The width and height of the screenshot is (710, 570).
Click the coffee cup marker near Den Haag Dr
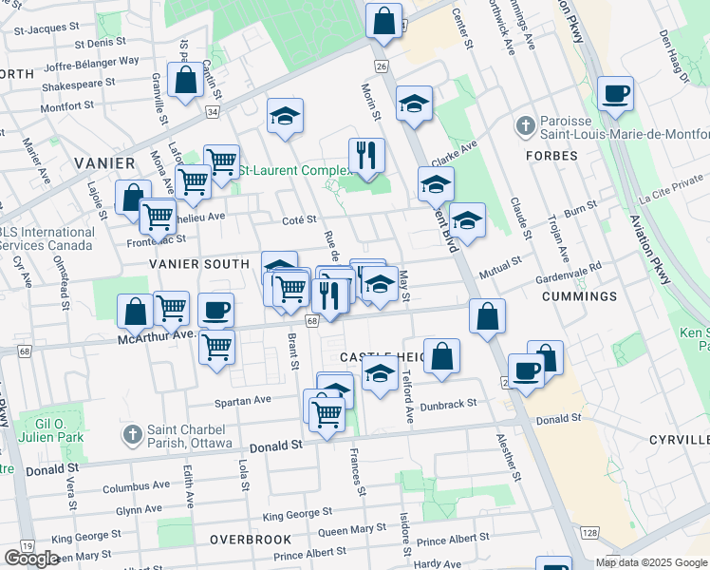615,94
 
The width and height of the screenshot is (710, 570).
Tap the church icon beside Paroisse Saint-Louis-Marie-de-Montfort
525,125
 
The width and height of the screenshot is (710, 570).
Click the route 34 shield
212,112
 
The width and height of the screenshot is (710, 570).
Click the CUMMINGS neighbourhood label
579,296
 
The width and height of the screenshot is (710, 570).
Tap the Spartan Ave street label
243,400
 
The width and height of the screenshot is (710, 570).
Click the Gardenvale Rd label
568,269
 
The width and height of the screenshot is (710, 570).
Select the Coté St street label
298,219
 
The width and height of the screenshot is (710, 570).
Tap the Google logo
31,559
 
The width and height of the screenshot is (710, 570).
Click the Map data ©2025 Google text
650,562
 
